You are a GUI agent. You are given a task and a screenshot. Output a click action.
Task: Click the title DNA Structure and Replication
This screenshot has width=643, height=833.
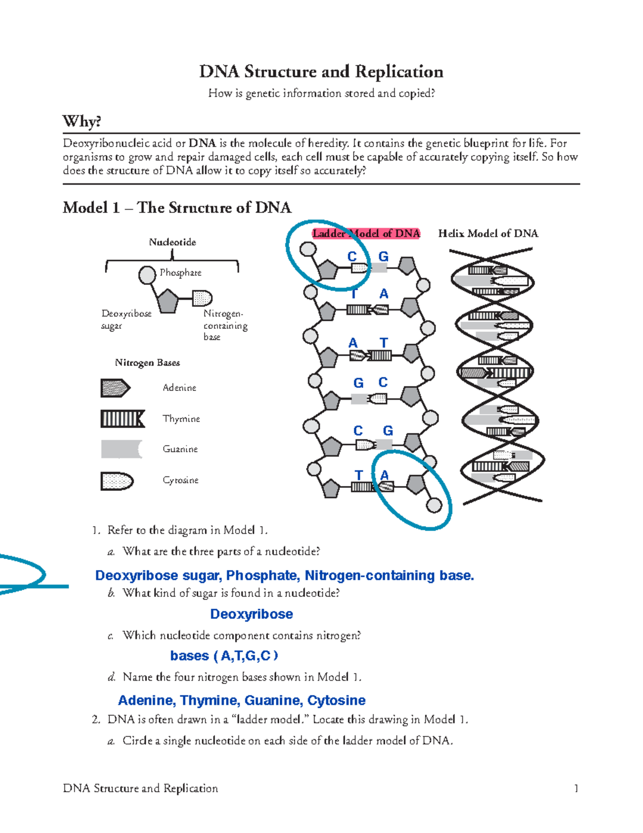(321, 71)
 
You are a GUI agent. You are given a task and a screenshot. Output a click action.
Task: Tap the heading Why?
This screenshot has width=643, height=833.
(82, 121)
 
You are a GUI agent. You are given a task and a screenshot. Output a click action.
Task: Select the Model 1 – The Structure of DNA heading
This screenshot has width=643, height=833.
(177, 208)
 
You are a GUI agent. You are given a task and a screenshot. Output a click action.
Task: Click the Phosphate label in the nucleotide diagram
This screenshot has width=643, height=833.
(181, 272)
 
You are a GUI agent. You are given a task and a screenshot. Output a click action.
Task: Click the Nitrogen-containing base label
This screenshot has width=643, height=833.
(225, 325)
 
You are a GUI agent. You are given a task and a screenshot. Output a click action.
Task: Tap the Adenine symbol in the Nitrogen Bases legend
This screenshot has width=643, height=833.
(115, 388)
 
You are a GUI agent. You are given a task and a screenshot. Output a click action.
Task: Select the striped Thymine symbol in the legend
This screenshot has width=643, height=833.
(123, 418)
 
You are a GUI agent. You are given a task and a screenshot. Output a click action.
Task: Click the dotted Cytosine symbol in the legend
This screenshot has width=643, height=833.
(117, 481)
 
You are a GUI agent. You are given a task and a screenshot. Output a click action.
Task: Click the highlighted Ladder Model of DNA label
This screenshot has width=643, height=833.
(366, 233)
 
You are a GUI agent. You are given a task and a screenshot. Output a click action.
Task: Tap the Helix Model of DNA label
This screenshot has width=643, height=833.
(488, 233)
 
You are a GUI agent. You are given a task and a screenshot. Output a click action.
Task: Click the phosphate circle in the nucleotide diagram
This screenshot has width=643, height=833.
(147, 275)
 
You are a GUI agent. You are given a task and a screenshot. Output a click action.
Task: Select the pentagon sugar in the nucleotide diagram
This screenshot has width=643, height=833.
(167, 301)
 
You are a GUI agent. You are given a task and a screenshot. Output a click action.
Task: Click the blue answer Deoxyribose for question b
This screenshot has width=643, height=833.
(251, 614)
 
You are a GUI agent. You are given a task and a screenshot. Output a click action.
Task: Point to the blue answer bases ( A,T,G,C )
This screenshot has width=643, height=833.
(224, 656)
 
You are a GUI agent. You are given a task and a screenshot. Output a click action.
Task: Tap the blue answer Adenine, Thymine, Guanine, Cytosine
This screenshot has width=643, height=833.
(242, 701)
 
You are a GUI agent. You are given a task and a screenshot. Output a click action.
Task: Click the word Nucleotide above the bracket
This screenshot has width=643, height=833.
(172, 242)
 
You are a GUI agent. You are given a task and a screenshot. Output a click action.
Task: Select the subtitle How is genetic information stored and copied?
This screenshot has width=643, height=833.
(321, 93)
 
